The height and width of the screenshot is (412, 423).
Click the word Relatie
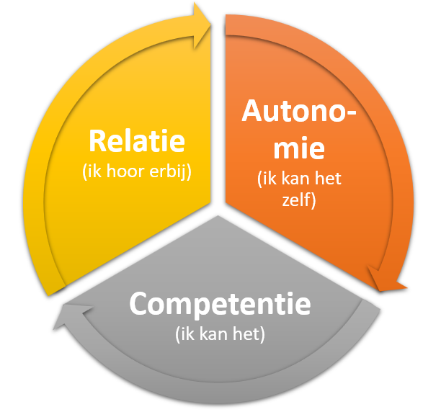click(x=137, y=140)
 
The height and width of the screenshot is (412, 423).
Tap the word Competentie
click(x=220, y=305)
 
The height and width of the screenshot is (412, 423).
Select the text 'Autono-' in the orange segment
click(x=299, y=111)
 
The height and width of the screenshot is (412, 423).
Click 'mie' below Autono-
click(x=299, y=148)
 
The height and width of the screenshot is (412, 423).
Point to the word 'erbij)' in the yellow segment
click(x=170, y=171)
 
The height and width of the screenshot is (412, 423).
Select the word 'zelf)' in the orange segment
click(x=299, y=200)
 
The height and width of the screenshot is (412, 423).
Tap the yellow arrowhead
click(x=202, y=26)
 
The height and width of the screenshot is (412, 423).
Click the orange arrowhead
click(x=386, y=280)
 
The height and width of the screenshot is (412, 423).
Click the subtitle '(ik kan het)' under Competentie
click(x=220, y=334)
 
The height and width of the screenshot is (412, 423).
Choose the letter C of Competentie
click(x=140, y=303)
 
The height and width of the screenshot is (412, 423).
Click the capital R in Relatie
click(x=98, y=141)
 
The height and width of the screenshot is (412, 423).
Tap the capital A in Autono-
click(x=254, y=110)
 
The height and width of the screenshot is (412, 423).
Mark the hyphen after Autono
click(x=350, y=113)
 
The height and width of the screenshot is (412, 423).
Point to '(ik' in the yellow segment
click(x=92, y=171)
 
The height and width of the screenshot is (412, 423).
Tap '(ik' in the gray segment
click(x=185, y=334)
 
